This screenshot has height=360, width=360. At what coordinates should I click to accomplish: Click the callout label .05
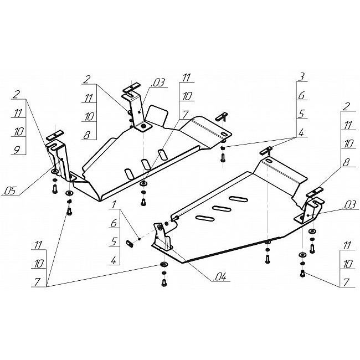point(9,191)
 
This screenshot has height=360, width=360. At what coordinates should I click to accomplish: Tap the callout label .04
point(220,277)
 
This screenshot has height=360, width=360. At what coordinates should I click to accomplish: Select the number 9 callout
point(17,150)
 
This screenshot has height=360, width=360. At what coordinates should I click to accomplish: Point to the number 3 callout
point(301,77)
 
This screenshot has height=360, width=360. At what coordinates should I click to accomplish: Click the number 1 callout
point(114,204)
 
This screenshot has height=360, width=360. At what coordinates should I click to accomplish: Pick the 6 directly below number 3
point(301,95)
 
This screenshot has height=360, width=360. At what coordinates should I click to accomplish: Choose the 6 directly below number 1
point(114,223)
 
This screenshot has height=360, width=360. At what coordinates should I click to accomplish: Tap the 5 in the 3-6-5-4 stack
point(301,114)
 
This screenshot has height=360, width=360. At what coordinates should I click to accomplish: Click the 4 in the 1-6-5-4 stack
point(114,260)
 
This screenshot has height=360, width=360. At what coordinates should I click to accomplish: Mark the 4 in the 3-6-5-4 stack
point(301,132)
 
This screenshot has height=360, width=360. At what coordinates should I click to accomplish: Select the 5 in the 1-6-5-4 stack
point(114,241)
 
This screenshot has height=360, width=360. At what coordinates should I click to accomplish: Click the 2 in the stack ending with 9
point(16,94)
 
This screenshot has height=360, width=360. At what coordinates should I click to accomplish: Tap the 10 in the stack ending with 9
point(18,131)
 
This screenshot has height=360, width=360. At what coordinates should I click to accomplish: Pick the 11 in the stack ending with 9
point(18,113)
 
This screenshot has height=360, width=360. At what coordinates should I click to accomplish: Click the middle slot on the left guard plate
point(145,164)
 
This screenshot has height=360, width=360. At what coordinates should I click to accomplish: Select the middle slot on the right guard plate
point(222,208)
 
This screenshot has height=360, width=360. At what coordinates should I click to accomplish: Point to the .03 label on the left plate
point(158,83)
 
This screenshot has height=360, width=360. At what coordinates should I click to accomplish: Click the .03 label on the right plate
point(350,205)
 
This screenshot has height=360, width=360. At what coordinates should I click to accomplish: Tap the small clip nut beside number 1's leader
point(129,243)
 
